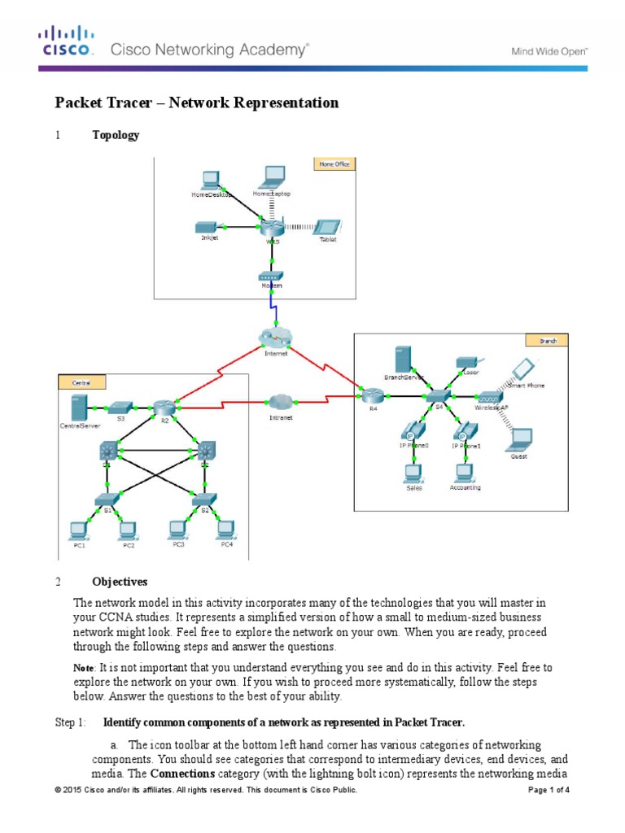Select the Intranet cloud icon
pos(281,401)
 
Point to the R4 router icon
pos(374,395)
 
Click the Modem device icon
pos(271,277)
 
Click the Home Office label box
pos(332,164)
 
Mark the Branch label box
pos(548,340)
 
